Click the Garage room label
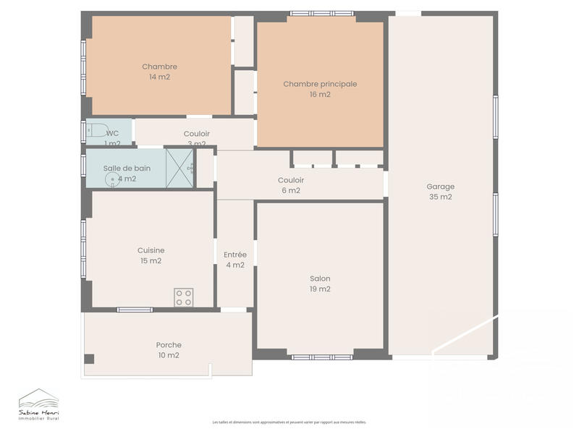(440, 187)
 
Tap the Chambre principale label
(320, 84)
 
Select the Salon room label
(320, 278)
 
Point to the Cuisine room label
(151, 250)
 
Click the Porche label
(169, 345)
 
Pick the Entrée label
(235, 255)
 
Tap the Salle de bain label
(127, 168)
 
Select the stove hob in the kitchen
(184, 297)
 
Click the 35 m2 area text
(440, 197)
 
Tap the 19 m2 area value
(320, 289)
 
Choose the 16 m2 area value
(320, 94)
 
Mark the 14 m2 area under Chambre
(159, 77)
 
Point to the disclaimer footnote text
(289, 422)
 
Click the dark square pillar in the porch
(89, 359)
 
